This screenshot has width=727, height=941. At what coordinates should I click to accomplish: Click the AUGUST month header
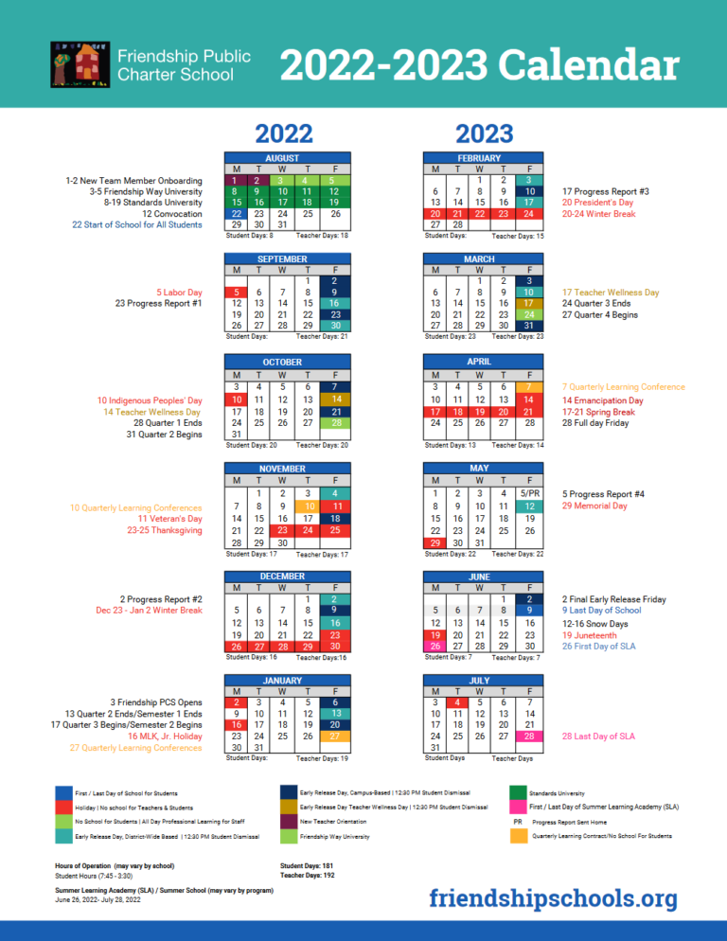click(282, 157)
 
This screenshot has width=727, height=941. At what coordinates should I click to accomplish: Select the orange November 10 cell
click(309, 506)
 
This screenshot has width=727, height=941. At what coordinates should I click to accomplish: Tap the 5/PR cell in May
click(533, 492)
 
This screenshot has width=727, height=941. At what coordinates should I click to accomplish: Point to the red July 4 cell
click(457, 701)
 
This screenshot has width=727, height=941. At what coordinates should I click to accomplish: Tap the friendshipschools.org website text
click(553, 897)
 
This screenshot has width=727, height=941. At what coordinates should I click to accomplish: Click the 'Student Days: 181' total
click(306, 865)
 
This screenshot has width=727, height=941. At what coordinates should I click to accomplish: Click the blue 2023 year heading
click(484, 133)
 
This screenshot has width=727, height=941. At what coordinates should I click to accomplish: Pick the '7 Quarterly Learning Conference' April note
click(623, 386)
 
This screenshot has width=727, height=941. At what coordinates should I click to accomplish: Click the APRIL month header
click(480, 362)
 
